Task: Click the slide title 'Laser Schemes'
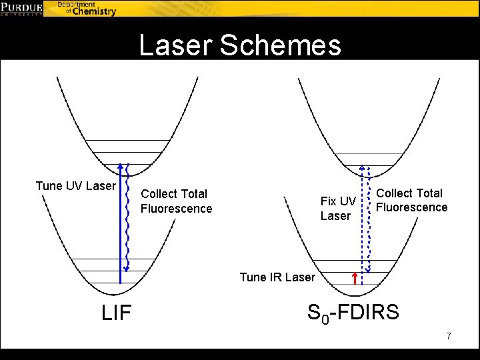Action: [x=239, y=46]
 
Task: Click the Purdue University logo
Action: [x=22, y=8]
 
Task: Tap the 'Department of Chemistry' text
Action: [x=86, y=8]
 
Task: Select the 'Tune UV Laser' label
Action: [x=75, y=186]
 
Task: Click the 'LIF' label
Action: [x=116, y=312]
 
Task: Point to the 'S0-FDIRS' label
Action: [x=353, y=312]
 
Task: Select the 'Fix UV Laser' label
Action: [x=339, y=209]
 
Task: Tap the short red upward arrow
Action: [x=355, y=278]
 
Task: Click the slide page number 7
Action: [x=449, y=336]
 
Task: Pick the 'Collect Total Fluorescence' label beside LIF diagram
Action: [x=176, y=201]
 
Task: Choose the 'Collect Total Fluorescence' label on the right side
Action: [x=411, y=200]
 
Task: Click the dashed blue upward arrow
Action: [x=362, y=220]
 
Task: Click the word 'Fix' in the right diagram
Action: [x=329, y=201]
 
